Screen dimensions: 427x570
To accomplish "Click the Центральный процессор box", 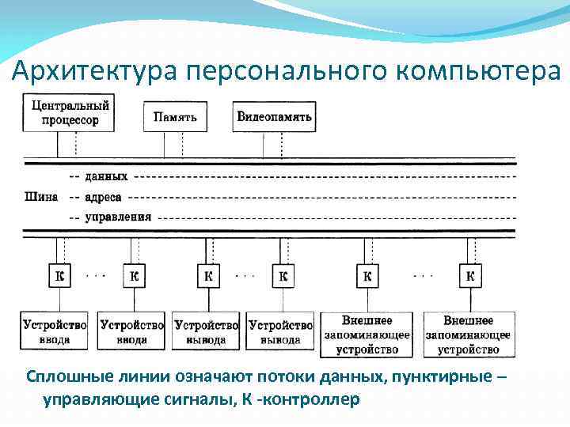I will tap(70, 112).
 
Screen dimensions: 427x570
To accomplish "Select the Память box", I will tap(175, 117).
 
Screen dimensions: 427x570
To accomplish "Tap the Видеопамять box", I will tap(275, 117).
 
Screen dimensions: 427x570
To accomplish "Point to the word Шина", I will tap(41, 196).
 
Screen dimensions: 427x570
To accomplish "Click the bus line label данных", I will tap(106, 176).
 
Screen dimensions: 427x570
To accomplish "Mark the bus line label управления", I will tap(119, 216).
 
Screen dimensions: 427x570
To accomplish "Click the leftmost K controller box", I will tap(59, 276).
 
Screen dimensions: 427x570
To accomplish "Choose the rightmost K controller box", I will tap(470, 276).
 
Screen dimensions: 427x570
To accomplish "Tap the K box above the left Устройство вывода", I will tap(207, 276).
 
